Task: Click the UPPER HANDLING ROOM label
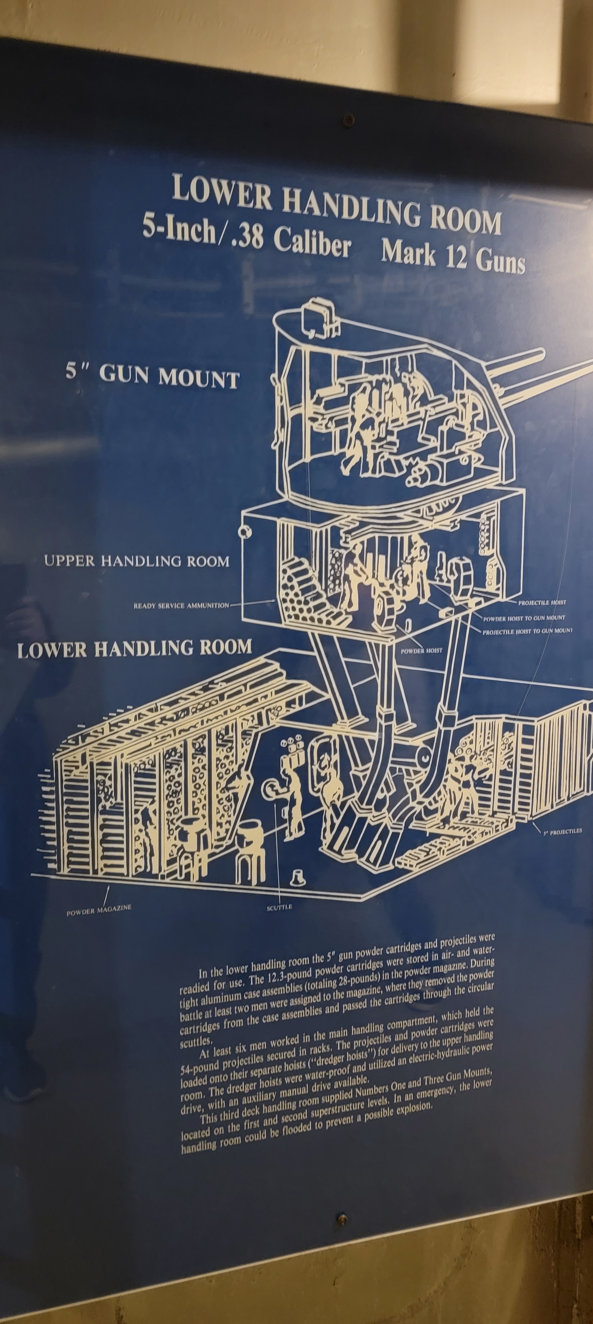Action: tap(137, 561)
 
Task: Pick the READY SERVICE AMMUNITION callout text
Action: tap(181, 605)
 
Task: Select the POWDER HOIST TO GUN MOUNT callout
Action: tap(524, 618)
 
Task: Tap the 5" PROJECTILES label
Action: tap(563, 831)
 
